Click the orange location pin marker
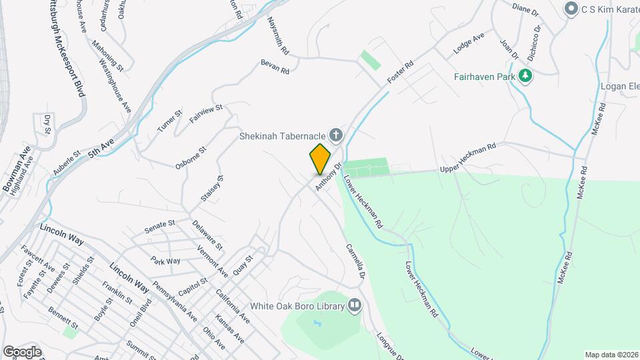pyautogui.click(x=320, y=159)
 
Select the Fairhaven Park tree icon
pyautogui.click(x=526, y=75)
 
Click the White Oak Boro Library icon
pyautogui.click(x=354, y=306)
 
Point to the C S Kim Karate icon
pyautogui.click(x=570, y=9)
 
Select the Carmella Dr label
pyautogui.click(x=355, y=261)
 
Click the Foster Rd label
pyautogui.click(x=400, y=73)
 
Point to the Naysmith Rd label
pyautogui.click(x=278, y=36)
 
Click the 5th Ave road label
pyautogui.click(x=102, y=147)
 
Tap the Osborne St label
pyautogui.click(x=191, y=158)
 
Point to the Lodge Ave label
pyautogui.click(x=468, y=45)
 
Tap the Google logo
pyautogui.click(x=21, y=351)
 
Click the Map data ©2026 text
pyautogui.click(x=611, y=355)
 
